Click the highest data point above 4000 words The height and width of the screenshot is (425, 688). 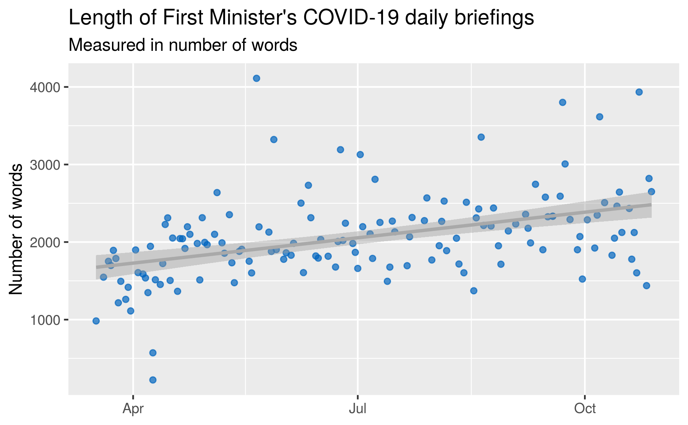coord(256,78)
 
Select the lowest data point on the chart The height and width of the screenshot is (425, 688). coord(153,380)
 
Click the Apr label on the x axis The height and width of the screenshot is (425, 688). coord(133,409)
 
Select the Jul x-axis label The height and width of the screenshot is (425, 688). coord(357,409)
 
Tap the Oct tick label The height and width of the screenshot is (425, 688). coord(585,409)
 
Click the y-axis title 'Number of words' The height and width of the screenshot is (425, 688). coord(16,229)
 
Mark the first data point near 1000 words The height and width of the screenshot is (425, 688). coord(96,321)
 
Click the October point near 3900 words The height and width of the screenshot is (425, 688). coord(639,92)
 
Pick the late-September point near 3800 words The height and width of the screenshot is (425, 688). coord(562,102)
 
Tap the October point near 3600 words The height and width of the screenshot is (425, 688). coord(599,117)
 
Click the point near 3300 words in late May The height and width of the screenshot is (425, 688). coord(274,140)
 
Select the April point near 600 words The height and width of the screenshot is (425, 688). coord(153,352)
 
